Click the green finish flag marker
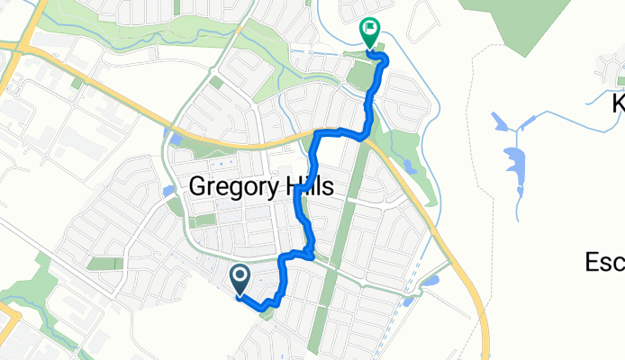coord(370,31)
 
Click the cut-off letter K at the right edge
coord(619,103)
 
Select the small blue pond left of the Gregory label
coord(168,191)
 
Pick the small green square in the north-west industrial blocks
coord(77,83)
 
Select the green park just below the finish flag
coord(359,76)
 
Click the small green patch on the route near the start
coord(264,311)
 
